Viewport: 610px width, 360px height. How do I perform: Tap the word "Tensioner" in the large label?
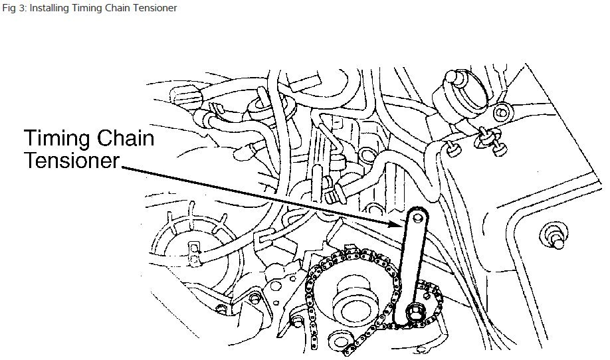tap(72, 162)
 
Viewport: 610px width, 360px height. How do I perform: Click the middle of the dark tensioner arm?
tap(410, 262)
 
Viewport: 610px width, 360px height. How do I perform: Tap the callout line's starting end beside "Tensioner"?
tap(122, 167)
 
